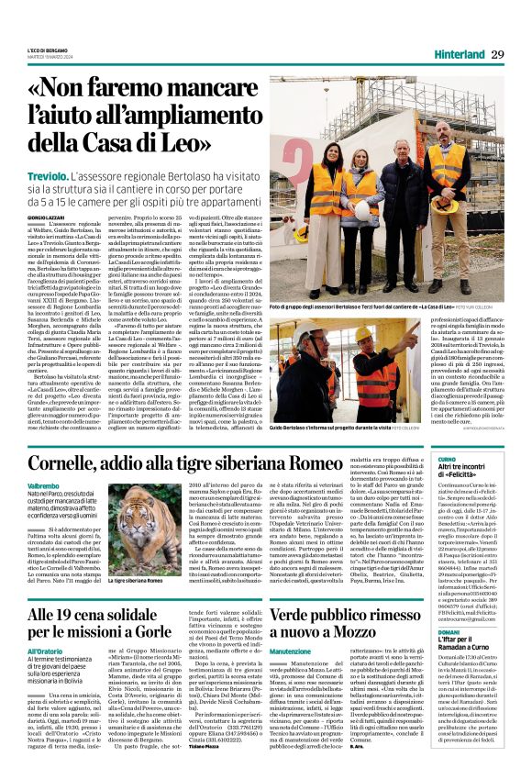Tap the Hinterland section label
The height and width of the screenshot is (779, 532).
(x=451, y=55)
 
